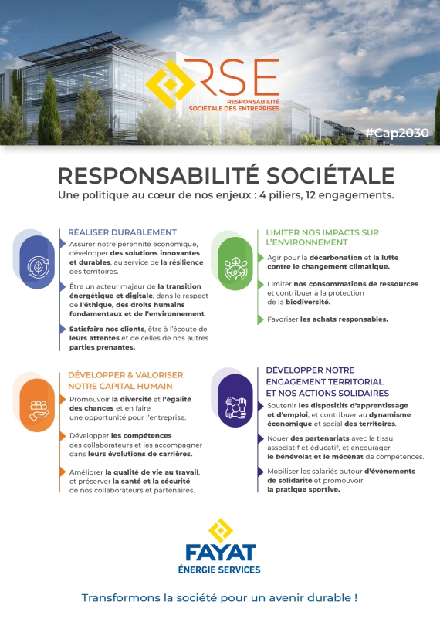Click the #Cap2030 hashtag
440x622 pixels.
(397, 133)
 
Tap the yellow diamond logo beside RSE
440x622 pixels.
(170, 84)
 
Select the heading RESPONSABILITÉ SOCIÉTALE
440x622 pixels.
(225, 175)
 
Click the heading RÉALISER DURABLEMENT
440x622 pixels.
(123, 232)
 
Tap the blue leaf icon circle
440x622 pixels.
(36, 262)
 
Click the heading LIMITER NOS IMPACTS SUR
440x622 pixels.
(323, 232)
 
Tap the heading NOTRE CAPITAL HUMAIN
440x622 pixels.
(120, 385)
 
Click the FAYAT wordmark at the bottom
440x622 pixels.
(221, 553)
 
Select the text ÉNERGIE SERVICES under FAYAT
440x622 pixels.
(221, 570)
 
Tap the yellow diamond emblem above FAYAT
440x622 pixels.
(219, 531)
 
